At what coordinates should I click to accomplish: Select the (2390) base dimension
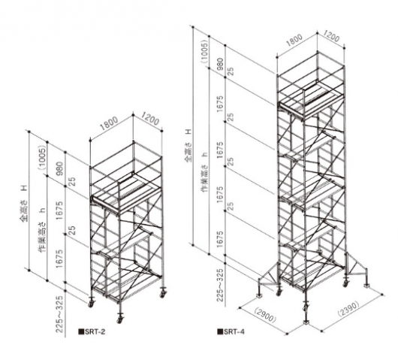(348, 309)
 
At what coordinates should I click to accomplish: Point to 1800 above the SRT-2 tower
(110, 123)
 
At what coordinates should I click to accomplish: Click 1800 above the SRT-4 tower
(294, 41)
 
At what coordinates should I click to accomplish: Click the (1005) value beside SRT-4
(204, 53)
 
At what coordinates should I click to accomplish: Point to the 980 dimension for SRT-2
(60, 169)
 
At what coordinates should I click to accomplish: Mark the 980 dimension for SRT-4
(220, 65)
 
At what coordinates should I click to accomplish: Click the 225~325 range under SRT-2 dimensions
(59, 314)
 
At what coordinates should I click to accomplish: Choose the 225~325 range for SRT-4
(220, 283)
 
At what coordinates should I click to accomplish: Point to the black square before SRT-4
(220, 331)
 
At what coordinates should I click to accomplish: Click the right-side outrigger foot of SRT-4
(366, 283)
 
